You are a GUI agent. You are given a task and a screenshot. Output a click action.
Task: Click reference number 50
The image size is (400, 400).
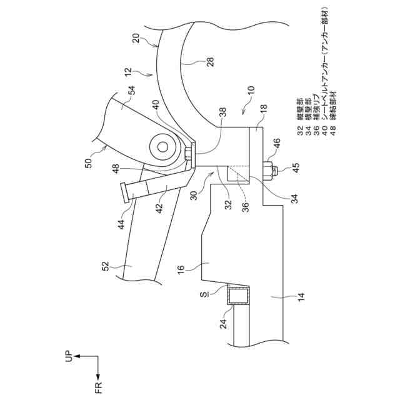88,164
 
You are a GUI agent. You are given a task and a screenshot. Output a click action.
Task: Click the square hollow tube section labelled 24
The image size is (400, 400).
238,296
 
